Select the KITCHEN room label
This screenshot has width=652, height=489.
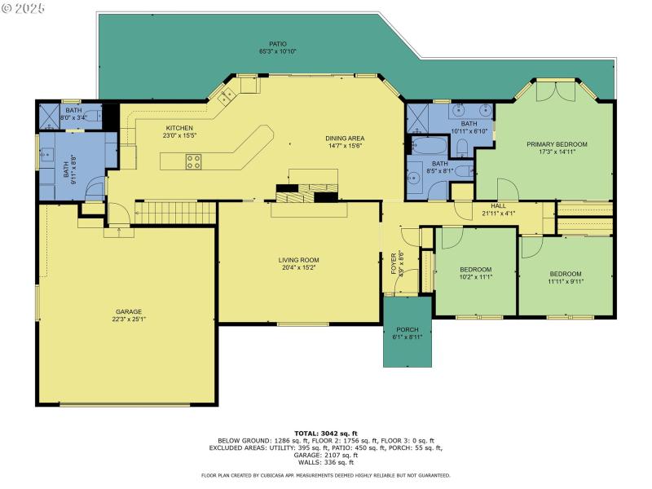pyautogui.click(x=179, y=128)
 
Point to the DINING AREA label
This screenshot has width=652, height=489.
pyautogui.click(x=345, y=138)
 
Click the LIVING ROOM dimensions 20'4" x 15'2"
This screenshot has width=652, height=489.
pyautogui.click(x=299, y=267)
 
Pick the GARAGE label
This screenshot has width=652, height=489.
pyautogui.click(x=129, y=311)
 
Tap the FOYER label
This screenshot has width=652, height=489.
pyautogui.click(x=393, y=262)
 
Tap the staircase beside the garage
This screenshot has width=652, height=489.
pyautogui.click(x=174, y=214)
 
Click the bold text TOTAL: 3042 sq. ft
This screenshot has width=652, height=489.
pyautogui.click(x=325, y=434)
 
